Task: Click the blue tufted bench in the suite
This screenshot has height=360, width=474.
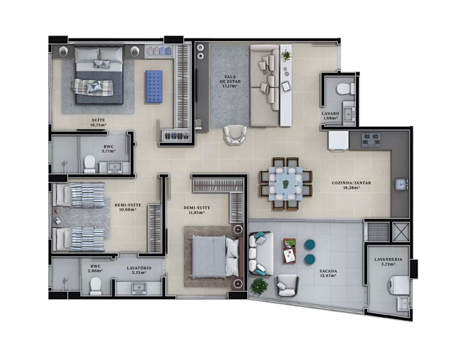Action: point(153,87)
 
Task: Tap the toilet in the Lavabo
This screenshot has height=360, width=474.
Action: point(346,88)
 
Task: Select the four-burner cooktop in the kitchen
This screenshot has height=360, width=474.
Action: point(371,140)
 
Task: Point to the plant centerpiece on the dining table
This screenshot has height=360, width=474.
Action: point(285,183)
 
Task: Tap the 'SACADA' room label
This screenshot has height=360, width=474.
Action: point(328,271)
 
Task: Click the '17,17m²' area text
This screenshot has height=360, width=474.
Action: point(230,86)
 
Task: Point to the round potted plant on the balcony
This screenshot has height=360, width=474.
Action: point(259,286)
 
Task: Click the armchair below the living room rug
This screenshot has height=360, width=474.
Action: point(235,135)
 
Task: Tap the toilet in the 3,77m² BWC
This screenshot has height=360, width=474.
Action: point(90,164)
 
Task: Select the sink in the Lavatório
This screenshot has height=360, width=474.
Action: point(139,288)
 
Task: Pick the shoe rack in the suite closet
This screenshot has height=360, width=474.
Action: point(176,135)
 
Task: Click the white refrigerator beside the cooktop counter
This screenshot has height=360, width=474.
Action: point(339,140)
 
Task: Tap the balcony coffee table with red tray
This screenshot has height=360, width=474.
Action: point(290,251)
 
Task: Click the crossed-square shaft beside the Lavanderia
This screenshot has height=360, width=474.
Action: point(401,231)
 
